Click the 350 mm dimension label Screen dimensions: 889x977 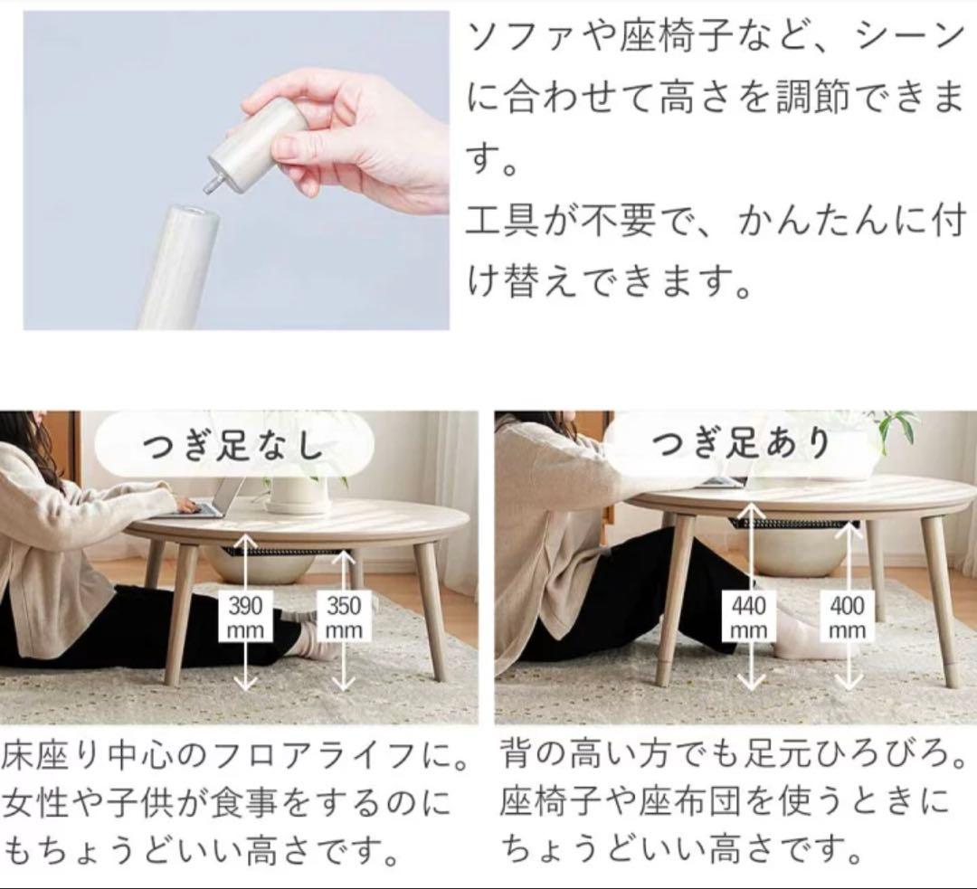[x=344, y=617]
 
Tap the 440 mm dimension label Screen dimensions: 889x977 [x=748, y=617]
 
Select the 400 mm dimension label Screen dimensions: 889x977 [x=847, y=617]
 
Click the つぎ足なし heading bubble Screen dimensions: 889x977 [x=234, y=446]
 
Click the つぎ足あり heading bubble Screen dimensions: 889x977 [x=742, y=444]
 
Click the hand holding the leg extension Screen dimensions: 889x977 [x=362, y=136]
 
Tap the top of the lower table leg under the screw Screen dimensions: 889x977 [x=190, y=217]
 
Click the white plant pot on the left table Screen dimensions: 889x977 [x=298, y=493]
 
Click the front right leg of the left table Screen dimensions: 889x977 [x=429, y=615]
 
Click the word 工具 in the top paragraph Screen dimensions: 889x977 [x=494, y=222]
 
